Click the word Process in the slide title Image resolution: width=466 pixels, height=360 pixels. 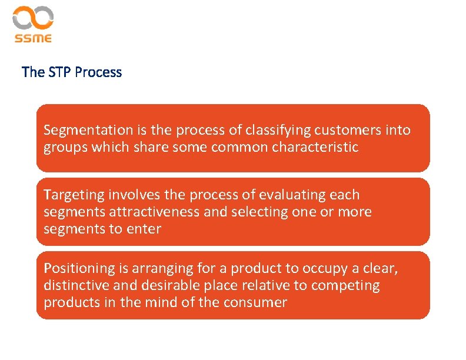click(x=98, y=72)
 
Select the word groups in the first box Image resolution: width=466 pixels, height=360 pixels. click(x=65, y=148)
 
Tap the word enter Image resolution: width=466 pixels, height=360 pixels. click(x=144, y=229)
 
